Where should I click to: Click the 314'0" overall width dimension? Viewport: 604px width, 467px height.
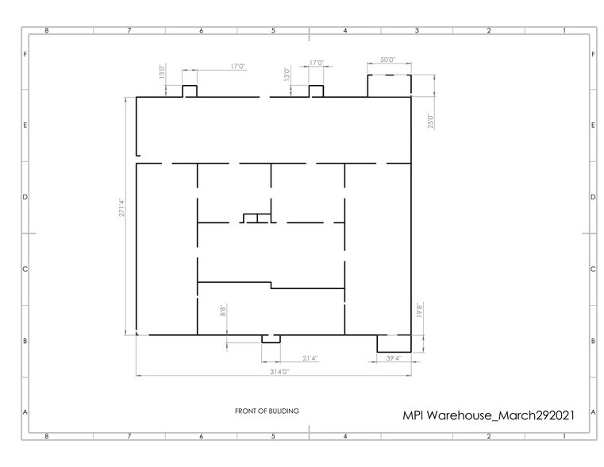point(274,371)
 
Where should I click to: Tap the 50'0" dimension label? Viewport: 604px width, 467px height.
point(387,60)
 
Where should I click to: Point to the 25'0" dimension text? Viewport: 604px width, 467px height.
point(430,119)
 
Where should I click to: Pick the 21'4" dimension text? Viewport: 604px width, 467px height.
point(311,358)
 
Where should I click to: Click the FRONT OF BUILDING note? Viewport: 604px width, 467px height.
point(267,411)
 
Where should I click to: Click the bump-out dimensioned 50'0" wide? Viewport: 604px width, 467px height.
point(387,85)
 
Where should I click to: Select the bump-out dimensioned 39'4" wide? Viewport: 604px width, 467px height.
point(393,343)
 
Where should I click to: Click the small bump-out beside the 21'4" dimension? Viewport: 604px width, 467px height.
point(271,339)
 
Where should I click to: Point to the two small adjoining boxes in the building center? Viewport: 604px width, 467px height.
point(257,218)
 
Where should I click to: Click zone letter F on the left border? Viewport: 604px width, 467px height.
point(26,55)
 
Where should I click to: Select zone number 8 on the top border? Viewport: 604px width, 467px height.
point(48,30)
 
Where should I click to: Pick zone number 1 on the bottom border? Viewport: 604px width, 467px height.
point(563,436)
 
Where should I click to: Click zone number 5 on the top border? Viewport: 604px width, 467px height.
point(273,30)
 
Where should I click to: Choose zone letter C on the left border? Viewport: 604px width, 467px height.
point(26,269)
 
